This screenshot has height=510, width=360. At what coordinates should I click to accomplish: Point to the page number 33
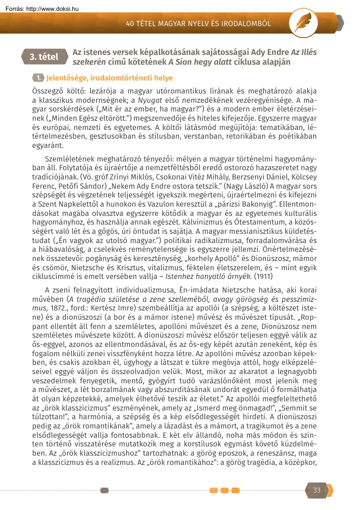click(316, 490)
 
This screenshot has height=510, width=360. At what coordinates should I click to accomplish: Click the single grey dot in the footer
click(104, 490)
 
